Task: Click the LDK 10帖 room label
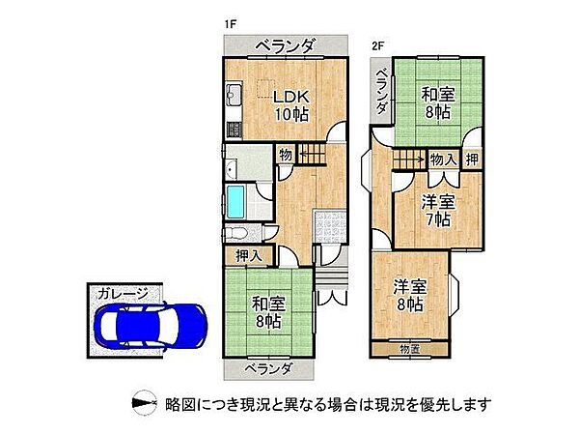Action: tap(289, 104)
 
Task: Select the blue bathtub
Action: tap(236, 203)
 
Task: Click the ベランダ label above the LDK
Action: tap(285, 46)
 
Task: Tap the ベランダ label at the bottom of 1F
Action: tap(267, 367)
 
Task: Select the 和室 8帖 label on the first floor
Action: tap(267, 312)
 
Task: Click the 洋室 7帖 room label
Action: tap(438, 211)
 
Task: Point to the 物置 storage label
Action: tap(409, 348)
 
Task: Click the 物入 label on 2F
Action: tap(444, 159)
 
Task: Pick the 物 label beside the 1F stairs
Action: tap(286, 154)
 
